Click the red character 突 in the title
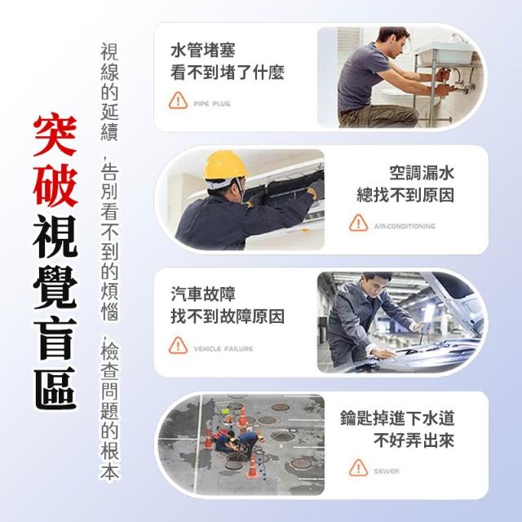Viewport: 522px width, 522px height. click(x=55, y=136)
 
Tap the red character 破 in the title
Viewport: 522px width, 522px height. click(x=55, y=185)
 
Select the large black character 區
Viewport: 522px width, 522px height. click(x=55, y=388)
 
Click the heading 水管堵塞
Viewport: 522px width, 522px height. click(x=203, y=51)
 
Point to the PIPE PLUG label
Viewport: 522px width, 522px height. click(x=212, y=104)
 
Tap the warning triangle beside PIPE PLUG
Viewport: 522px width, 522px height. click(x=178, y=100)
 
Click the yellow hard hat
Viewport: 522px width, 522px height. click(x=225, y=166)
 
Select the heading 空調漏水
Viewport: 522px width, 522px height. click(x=422, y=173)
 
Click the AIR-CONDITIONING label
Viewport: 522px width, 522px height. click(x=405, y=227)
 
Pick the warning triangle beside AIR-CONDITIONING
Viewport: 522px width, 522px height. click(x=359, y=223)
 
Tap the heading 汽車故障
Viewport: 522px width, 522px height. click(x=203, y=294)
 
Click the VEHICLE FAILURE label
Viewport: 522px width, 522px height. click(x=223, y=349)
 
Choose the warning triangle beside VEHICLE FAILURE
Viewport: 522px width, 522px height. click(x=178, y=345)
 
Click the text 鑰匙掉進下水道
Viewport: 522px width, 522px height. click(x=397, y=418)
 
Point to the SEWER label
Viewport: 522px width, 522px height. click(x=386, y=471)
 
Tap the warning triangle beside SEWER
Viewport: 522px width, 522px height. click(x=359, y=467)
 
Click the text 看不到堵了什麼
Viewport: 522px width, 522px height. click(x=228, y=73)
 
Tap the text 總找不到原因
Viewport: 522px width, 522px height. click(x=405, y=196)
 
